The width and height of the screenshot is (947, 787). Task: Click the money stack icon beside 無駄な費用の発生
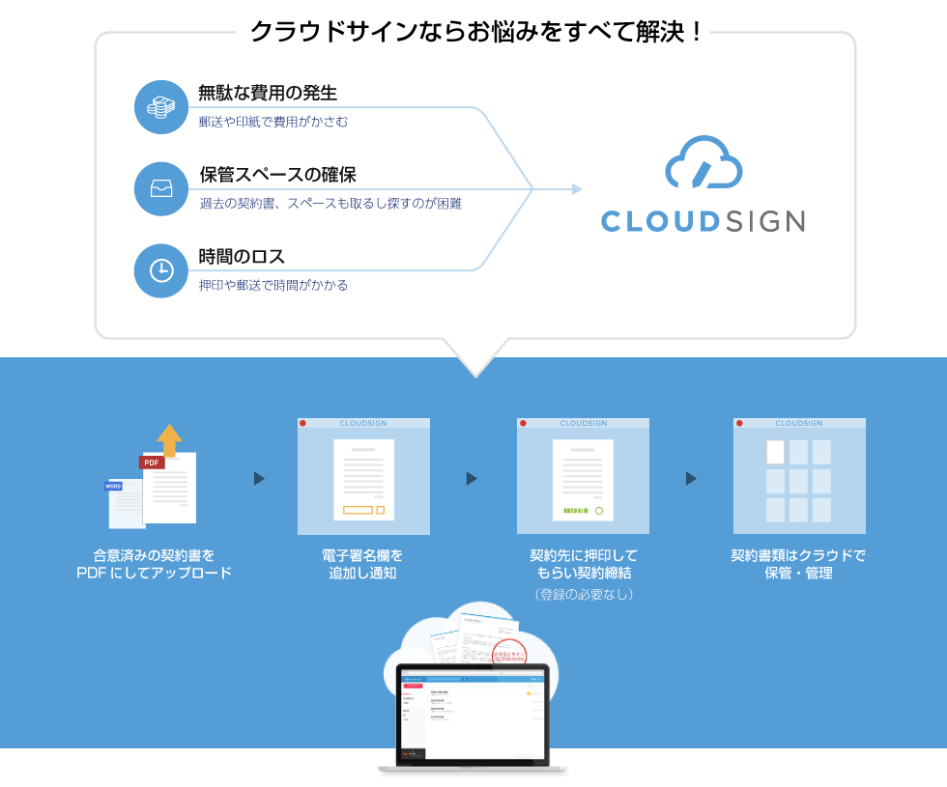[x=160, y=107]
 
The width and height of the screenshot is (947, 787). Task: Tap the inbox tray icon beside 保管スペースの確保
[x=160, y=188]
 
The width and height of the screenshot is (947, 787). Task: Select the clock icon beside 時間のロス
[x=160, y=270]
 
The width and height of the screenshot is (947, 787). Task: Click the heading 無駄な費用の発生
[x=268, y=94]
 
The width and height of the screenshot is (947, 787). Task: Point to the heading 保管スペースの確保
[x=277, y=176]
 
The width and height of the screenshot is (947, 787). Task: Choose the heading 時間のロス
[x=242, y=257]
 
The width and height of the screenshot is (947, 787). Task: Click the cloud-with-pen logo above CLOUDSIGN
[x=703, y=162]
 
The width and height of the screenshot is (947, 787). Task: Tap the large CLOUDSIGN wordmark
[x=703, y=221]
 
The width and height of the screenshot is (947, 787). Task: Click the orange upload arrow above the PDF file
[x=169, y=438]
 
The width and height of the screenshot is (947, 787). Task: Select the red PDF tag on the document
[x=152, y=463]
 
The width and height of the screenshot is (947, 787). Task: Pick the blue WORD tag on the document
[x=114, y=486]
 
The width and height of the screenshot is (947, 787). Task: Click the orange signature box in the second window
[x=358, y=510]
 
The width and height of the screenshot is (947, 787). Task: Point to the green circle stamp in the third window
[x=599, y=510]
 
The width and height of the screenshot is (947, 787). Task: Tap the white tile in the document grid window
[x=775, y=452]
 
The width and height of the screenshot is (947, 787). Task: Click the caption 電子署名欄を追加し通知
[x=362, y=564]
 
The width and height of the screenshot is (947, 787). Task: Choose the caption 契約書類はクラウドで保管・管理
[x=798, y=564]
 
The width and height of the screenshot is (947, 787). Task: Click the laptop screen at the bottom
[x=472, y=711]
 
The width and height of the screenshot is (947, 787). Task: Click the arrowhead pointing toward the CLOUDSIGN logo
[x=577, y=189]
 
